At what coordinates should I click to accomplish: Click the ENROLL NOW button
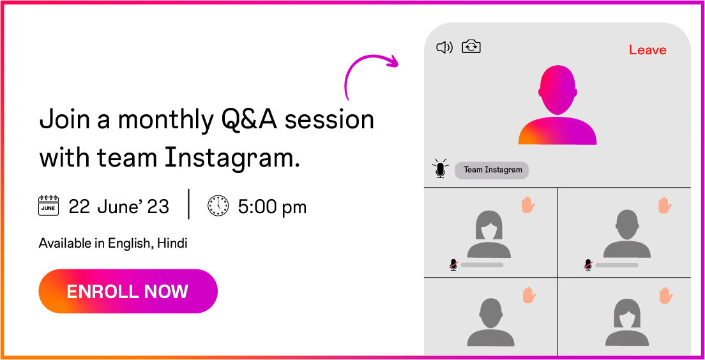128,291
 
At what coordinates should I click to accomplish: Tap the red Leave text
648,50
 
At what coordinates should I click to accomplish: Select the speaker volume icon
444,47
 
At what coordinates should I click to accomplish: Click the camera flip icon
471,47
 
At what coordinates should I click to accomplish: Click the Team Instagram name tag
492,170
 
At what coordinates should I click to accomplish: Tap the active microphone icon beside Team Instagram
440,169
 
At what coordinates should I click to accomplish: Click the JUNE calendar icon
49,206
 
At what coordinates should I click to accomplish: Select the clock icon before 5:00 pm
218,206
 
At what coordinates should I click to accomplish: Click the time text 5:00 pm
273,207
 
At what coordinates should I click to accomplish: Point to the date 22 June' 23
119,207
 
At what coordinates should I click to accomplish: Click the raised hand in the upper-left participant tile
528,205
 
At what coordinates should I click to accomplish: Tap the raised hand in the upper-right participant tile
665,205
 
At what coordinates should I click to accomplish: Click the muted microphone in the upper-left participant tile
453,265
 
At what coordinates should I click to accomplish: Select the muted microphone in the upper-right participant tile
587,265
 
